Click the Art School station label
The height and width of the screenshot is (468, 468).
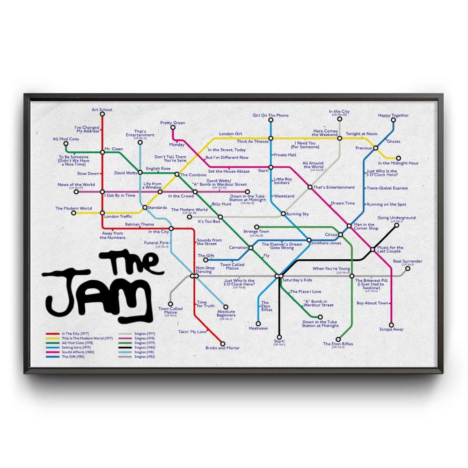click(x=102, y=110)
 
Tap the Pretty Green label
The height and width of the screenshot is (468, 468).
click(x=173, y=123)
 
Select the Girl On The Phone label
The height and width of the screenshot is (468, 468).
click(x=271, y=116)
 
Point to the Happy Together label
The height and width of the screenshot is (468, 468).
click(x=393, y=116)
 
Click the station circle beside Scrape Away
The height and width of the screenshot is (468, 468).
click(x=391, y=324)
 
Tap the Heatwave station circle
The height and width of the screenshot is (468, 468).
click(x=258, y=323)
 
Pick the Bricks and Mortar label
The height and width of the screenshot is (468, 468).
click(x=222, y=348)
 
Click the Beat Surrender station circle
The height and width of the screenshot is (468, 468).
click(x=408, y=268)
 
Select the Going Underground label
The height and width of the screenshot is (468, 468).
click(x=396, y=218)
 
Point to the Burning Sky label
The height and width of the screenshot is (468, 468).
click(x=297, y=214)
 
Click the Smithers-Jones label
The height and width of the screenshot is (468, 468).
click(x=326, y=243)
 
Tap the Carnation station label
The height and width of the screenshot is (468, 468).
click(x=238, y=248)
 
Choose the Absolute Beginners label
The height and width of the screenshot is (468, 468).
click(x=226, y=314)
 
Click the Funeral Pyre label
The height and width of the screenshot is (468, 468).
click(x=156, y=243)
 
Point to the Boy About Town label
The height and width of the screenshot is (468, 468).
click(x=373, y=303)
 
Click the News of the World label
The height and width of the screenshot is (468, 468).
click(x=76, y=185)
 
